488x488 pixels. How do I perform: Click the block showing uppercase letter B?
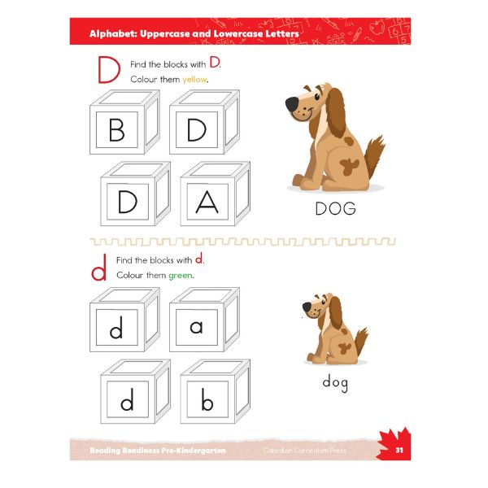tap(116, 130)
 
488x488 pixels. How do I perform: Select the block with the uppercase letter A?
tap(207, 201)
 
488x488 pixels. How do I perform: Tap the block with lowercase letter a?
tap(196, 327)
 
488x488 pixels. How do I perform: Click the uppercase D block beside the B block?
tap(196, 130)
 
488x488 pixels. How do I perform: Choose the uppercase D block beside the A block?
tap(128, 201)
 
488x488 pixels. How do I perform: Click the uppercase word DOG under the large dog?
tap(335, 209)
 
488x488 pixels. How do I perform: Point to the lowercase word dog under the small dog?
tap(335, 382)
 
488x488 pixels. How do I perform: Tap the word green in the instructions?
tap(180, 275)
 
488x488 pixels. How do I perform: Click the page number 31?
tap(399, 450)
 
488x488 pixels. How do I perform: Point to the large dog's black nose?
tap(291, 104)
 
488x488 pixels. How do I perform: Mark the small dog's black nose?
tap(307, 307)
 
